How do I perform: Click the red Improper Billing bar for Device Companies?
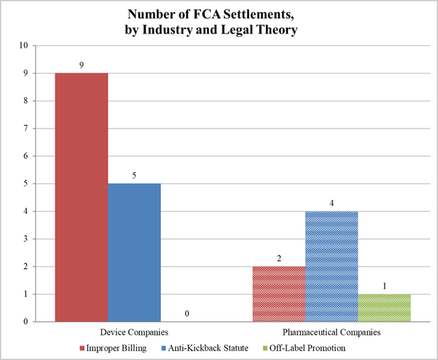click(81, 197)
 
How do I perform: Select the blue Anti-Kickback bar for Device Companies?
click(134, 252)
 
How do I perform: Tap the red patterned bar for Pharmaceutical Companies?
click(279, 294)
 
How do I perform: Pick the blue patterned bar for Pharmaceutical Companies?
click(331, 266)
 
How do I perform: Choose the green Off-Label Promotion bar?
click(384, 308)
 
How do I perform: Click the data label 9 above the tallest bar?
click(81, 65)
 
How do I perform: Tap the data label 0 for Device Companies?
click(187, 313)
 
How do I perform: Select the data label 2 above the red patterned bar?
click(279, 258)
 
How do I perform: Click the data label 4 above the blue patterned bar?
click(331, 204)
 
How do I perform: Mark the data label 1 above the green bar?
click(384, 286)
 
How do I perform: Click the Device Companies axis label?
click(134, 332)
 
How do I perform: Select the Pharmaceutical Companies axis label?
click(331, 332)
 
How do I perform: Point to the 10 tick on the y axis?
click(25, 46)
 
